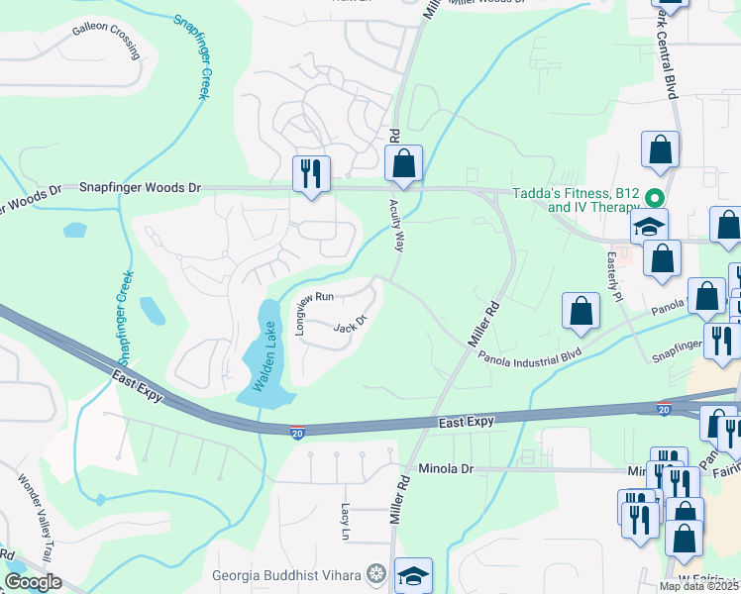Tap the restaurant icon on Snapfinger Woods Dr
point(311,174)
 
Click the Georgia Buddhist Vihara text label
point(286,574)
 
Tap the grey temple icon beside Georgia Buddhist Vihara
point(375,573)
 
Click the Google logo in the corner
point(33,582)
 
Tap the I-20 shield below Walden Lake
point(296,430)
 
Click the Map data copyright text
point(699,586)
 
